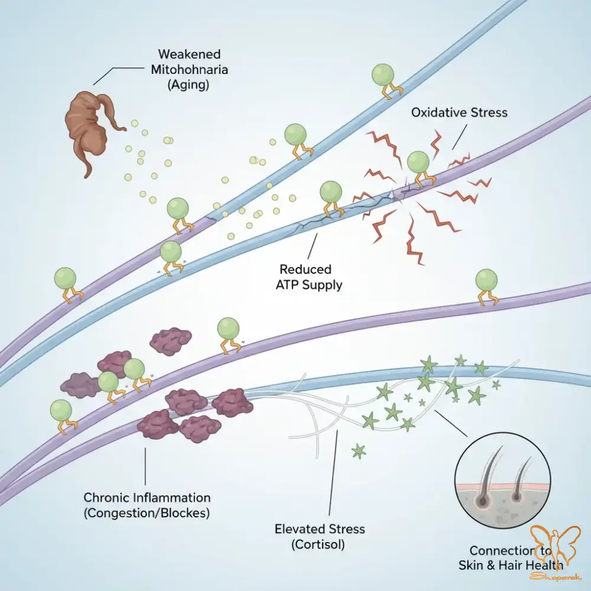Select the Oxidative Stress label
[459, 112]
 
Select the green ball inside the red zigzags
[418, 161]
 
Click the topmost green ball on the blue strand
[382, 74]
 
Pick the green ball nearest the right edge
[486, 280]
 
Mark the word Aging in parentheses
[187, 85]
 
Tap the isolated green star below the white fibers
[358, 452]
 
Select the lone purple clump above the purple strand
[170, 341]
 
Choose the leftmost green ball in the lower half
[61, 410]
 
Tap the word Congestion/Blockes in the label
[147, 512]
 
